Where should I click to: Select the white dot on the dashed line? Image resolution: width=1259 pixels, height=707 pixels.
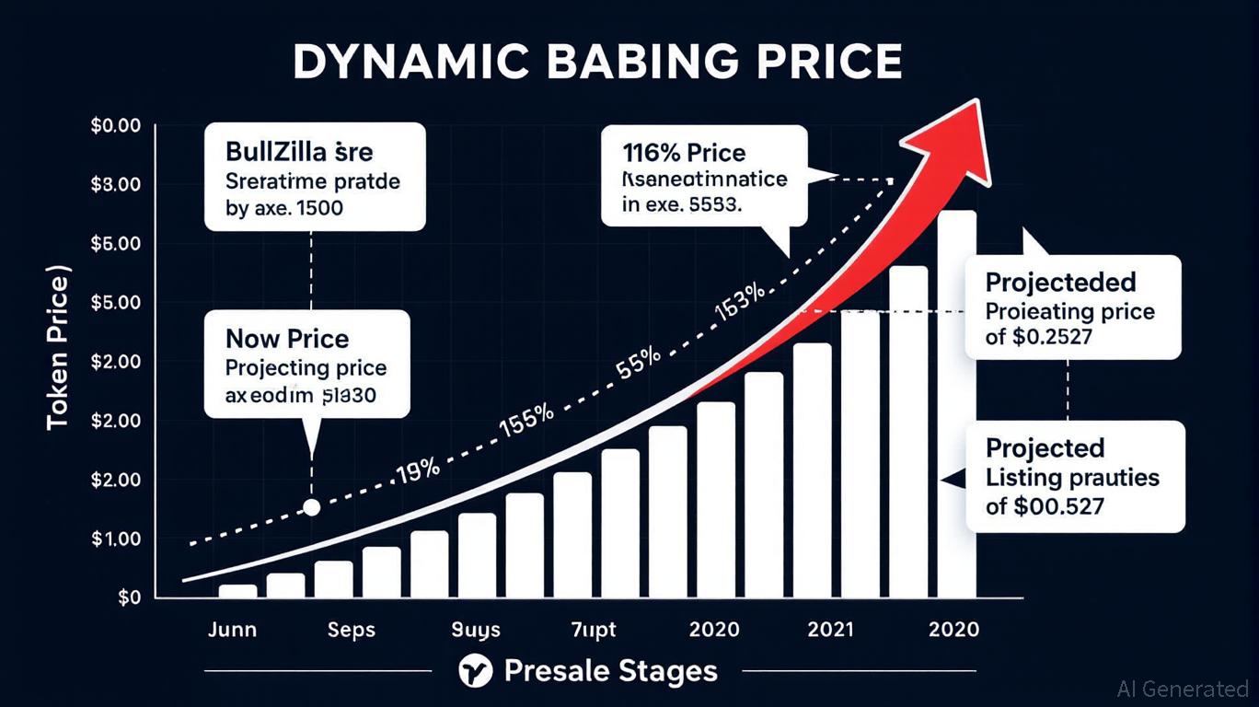pyautogui.click(x=311, y=507)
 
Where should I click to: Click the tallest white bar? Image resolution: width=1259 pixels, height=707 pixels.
pyautogui.click(x=956, y=405)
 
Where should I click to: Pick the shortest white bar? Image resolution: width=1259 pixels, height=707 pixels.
pyautogui.click(x=238, y=591)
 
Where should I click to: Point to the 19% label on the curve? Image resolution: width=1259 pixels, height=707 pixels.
pyautogui.click(x=418, y=470)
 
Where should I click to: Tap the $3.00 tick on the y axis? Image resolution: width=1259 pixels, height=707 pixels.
pyautogui.click(x=116, y=184)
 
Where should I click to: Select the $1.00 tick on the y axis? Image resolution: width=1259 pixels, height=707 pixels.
pyautogui.click(x=116, y=539)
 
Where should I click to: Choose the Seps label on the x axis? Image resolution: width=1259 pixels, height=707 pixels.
pyautogui.click(x=352, y=631)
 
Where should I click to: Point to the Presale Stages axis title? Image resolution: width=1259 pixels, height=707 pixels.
pyautogui.click(x=610, y=671)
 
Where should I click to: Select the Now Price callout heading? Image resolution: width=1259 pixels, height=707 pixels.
pyautogui.click(x=287, y=339)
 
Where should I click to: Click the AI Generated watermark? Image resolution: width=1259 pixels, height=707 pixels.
pyautogui.click(x=1183, y=688)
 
